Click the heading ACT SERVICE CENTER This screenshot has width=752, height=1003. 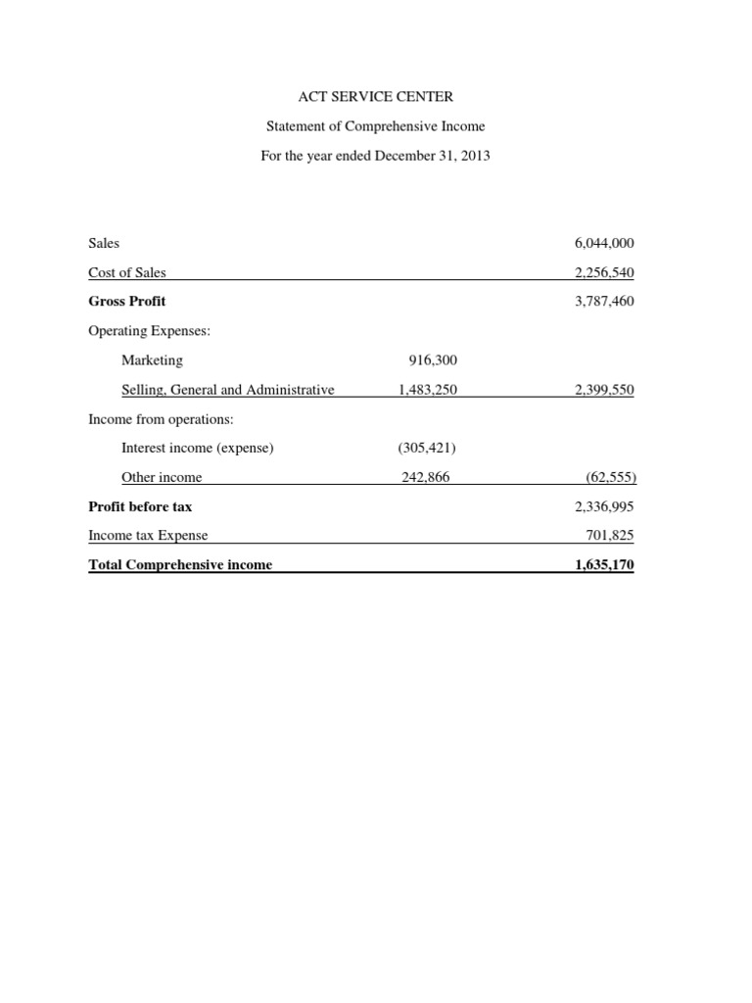coord(376,97)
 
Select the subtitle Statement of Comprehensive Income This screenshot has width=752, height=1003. coord(376,126)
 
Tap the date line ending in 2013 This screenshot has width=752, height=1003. coord(376,156)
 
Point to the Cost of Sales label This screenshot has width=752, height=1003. coord(127,273)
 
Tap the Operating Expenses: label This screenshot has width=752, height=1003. coord(150,331)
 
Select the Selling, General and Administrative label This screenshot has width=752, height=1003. coord(227,390)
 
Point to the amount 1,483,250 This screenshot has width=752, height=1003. coord(428,390)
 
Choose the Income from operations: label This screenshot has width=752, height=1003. coord(161,419)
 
